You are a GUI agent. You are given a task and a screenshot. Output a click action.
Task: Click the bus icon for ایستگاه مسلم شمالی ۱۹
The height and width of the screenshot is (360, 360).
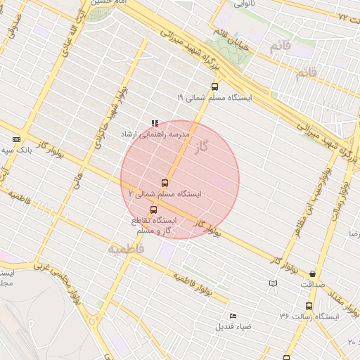[x=214, y=87]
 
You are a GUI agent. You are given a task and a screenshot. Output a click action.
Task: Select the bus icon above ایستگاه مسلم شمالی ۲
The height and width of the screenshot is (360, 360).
[x=165, y=183]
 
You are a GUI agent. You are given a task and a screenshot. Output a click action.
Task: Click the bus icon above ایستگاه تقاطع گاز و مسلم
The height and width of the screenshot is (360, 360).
[x=153, y=210]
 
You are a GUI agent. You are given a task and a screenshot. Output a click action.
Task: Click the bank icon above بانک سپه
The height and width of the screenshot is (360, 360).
[x=16, y=140]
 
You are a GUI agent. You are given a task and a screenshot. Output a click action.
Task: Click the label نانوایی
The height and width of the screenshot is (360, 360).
[x=245, y=4]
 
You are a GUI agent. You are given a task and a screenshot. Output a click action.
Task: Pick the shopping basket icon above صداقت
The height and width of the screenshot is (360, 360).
[x=312, y=274]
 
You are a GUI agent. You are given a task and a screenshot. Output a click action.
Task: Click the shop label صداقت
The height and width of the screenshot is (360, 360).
[x=312, y=285]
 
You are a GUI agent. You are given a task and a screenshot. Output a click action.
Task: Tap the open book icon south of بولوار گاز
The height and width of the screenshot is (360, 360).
[x=273, y=283]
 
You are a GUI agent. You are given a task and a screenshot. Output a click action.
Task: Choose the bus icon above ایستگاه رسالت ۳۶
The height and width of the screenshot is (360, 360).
[x=309, y=306]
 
